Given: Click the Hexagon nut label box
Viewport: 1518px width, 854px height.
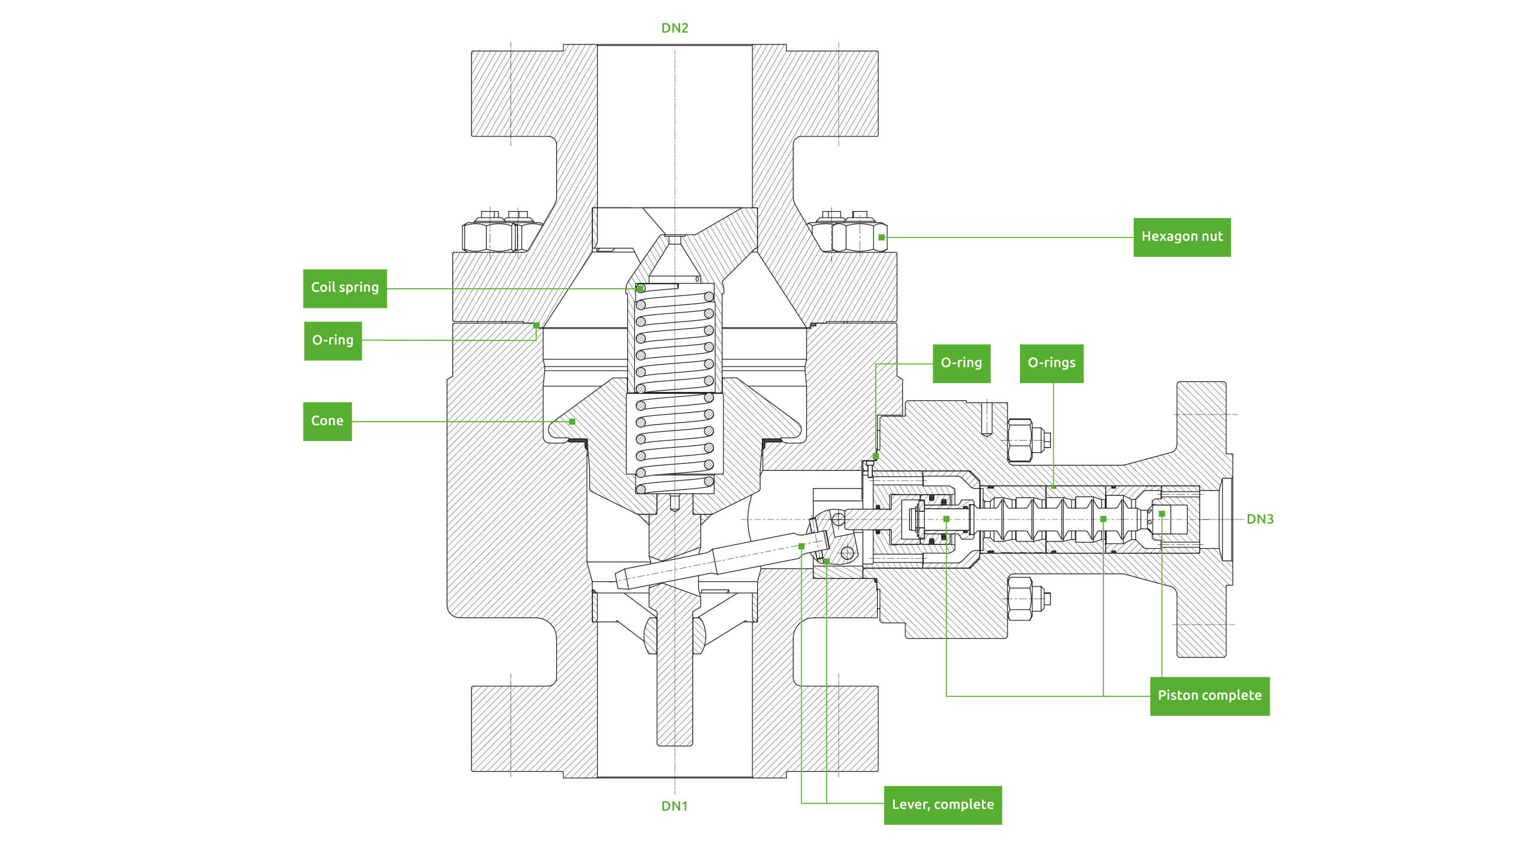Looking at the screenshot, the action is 1182,237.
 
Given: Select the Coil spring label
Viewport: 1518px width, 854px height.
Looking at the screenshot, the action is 345,288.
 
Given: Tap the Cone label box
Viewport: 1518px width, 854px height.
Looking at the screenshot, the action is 327,421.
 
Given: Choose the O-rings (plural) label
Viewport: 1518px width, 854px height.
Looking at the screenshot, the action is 1051,363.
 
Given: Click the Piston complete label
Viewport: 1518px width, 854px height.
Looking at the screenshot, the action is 1210,696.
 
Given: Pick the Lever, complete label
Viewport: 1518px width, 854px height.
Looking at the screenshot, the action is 943,805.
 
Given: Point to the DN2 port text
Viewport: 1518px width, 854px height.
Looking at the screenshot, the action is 675,28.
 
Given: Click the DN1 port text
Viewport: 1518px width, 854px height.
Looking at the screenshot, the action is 674,806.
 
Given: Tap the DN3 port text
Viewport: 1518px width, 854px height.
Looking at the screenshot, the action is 1260,519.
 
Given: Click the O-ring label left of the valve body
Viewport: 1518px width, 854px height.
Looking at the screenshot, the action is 333,340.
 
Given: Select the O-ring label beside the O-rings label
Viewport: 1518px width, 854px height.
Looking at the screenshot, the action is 961,363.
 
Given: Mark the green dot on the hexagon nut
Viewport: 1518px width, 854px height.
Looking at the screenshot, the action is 882,237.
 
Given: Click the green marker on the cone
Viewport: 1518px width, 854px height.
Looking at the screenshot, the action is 572,422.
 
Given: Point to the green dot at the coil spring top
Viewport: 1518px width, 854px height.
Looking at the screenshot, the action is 640,289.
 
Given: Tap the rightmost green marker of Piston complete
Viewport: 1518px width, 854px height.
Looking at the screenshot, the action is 1162,514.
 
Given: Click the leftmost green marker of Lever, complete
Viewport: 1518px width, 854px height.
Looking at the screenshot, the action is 801,546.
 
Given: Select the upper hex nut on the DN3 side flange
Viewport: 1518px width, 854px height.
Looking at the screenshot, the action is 1020,441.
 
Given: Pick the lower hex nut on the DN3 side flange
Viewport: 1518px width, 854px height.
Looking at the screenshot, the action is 1020,598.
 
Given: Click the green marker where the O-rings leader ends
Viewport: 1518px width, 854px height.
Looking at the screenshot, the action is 1054,487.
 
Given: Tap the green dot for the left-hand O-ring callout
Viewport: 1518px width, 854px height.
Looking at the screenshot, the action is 536,325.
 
